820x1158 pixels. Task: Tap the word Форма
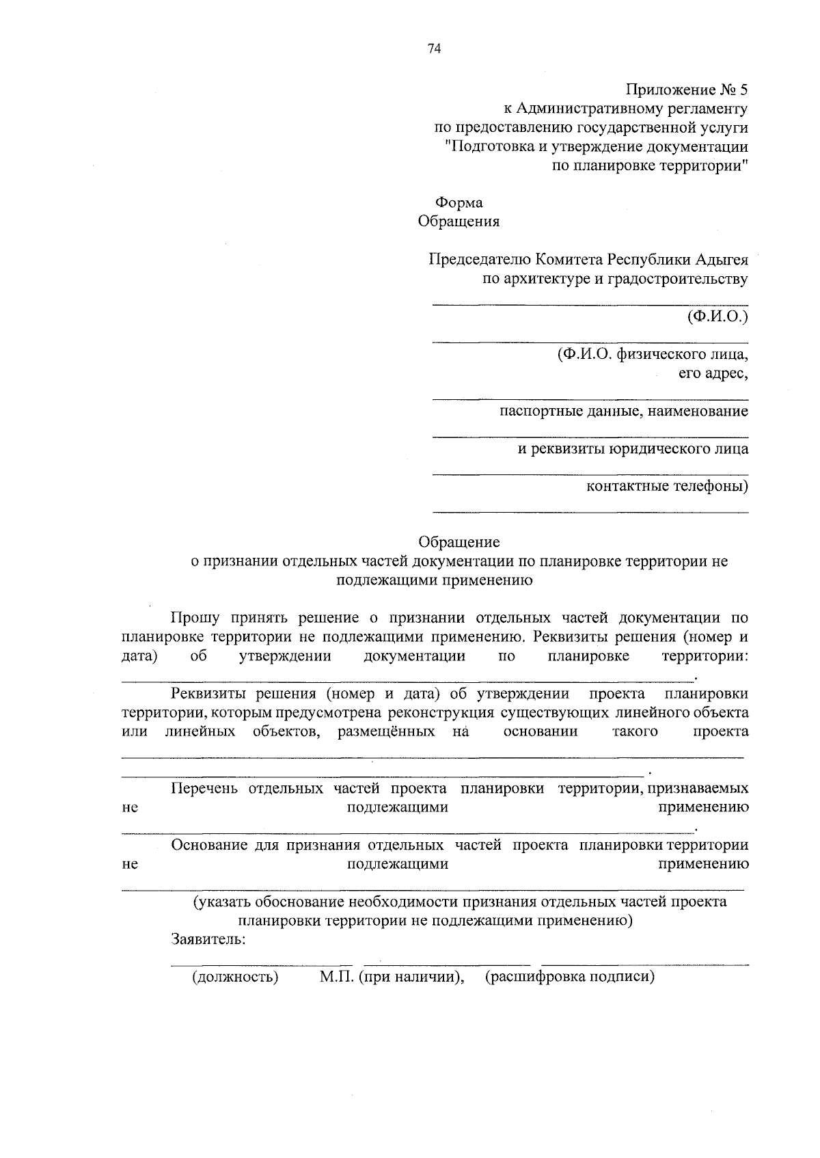pos(459,203)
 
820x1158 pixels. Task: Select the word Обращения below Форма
pos(459,221)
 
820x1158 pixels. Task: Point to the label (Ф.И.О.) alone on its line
pos(718,317)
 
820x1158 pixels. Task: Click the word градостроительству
pos(676,279)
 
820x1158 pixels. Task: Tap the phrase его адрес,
pos(713,373)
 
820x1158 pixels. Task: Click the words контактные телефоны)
pos(668,487)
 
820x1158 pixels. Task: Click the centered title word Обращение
pos(459,542)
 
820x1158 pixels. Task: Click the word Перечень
pos(204,789)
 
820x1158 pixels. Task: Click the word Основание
pos(208,846)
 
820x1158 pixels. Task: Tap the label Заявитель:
pos(208,939)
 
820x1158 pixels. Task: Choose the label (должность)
pos(235,977)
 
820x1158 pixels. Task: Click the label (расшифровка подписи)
pos(570,977)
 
